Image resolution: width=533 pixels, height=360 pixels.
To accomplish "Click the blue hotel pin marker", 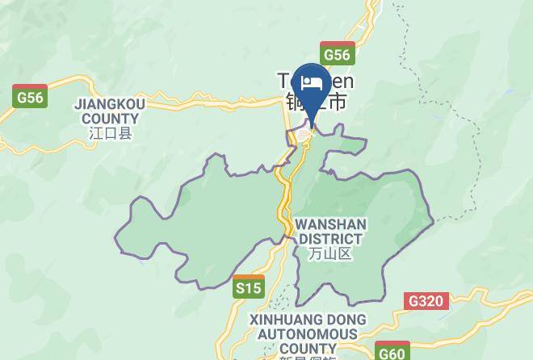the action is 312,89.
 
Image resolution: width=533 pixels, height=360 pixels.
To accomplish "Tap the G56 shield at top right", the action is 337,55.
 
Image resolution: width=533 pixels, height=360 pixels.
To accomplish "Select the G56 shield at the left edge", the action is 30,97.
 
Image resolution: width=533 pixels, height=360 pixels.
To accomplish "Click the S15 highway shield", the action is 249,287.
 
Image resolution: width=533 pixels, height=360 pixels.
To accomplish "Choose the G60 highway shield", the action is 392,352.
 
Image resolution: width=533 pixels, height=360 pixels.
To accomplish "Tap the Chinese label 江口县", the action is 111,133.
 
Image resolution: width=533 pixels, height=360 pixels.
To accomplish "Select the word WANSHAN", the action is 330,224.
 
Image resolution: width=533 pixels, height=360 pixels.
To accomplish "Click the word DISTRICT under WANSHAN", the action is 330,238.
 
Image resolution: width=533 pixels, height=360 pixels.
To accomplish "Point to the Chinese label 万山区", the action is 330,253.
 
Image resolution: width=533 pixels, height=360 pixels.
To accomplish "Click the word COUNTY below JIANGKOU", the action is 106,118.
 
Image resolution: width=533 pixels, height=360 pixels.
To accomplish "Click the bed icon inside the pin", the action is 312,84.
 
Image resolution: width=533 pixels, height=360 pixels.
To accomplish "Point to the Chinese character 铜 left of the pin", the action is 294,103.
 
